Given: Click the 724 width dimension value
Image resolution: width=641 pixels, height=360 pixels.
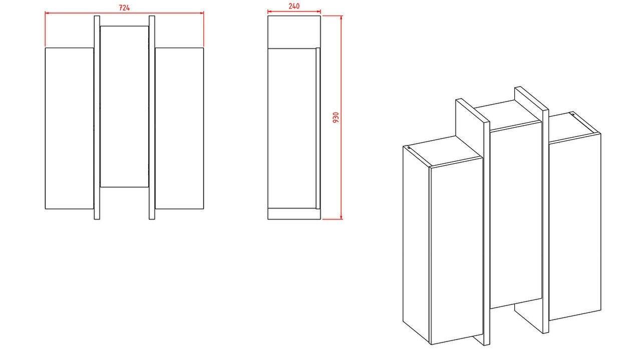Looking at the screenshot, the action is click(x=124, y=8).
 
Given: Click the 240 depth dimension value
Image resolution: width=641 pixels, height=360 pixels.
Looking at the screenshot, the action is click(x=294, y=6).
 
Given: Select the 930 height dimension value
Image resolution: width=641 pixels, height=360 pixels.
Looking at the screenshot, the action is click(x=336, y=117).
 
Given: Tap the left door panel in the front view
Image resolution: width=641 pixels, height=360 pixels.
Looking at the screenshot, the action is click(x=70, y=128).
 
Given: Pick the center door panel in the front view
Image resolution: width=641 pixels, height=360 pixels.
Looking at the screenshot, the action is click(x=125, y=107).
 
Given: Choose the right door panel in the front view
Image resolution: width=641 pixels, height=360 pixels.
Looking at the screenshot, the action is click(x=179, y=128).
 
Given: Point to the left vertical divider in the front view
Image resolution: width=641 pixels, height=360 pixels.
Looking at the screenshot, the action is click(x=97, y=118).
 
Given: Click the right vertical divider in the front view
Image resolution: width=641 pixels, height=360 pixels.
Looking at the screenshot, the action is click(x=152, y=118).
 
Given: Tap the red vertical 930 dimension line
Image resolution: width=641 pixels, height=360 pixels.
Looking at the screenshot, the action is click(x=341, y=118).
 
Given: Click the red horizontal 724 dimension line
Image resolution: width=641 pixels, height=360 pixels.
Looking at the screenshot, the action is click(x=125, y=13).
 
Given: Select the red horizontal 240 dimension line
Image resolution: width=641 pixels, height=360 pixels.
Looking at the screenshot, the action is click(x=294, y=12).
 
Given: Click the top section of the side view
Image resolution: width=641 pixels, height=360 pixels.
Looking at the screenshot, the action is click(x=294, y=32).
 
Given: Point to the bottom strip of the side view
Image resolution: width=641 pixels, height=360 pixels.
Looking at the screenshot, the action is click(x=294, y=214).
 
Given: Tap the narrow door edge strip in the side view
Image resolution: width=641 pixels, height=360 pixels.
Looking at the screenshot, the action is click(x=318, y=129).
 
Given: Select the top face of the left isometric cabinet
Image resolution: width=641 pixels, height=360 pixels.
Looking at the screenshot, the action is click(x=443, y=151).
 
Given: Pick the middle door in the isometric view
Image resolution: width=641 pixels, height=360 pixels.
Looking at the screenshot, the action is click(x=516, y=215).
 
